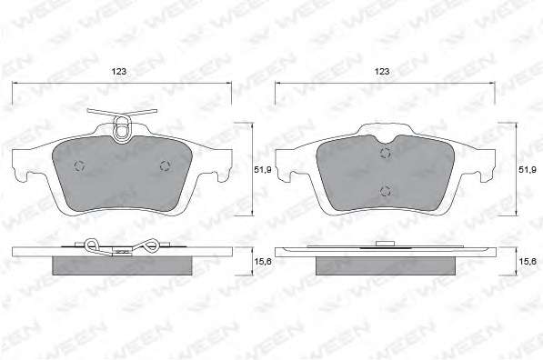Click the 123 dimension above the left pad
119,72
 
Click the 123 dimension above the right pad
382,71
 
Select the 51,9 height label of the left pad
263,170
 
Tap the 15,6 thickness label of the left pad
263,262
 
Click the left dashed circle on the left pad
80,166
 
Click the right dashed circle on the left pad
166,166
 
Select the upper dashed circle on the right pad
385,153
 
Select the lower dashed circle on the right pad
385,191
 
